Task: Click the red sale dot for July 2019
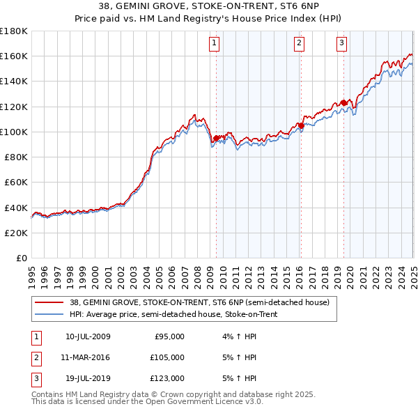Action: click(343, 103)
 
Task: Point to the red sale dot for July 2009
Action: click(216, 138)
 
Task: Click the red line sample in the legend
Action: click(50, 302)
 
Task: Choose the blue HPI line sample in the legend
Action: click(50, 314)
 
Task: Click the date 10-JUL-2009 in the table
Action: click(88, 336)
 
